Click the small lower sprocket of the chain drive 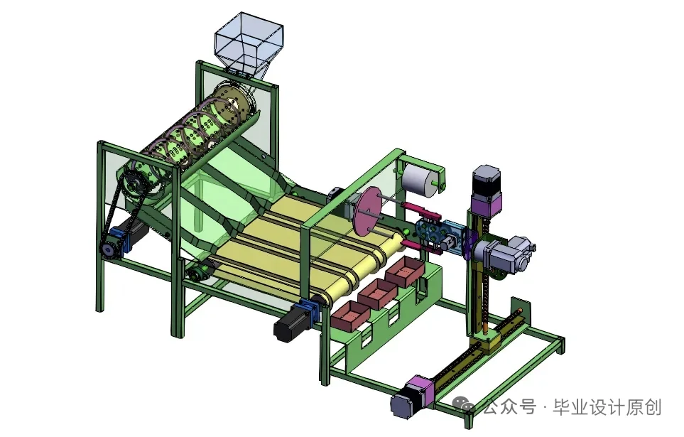click(x=109, y=248)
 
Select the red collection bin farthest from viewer click(x=403, y=271)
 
